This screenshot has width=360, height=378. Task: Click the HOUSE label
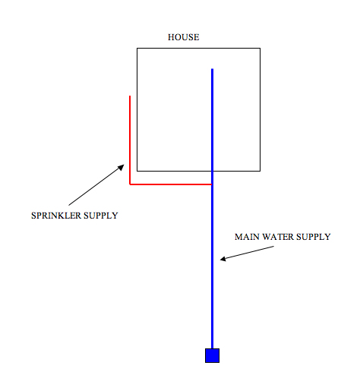pos(184,37)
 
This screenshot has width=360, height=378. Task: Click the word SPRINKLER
pos(56,216)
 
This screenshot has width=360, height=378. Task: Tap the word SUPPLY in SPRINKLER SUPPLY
pos(101,216)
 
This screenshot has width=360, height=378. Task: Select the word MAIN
pos(247,237)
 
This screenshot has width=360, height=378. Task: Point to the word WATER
pos(278,237)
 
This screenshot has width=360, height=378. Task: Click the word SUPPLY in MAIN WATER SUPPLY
pos(314,237)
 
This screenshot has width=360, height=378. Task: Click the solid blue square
pos(212,355)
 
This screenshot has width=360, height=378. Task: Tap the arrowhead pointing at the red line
pos(122,167)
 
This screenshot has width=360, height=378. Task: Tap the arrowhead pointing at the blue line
pos(223,259)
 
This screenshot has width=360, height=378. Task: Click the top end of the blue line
pos(212,69)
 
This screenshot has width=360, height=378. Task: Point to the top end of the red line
pos(130,96)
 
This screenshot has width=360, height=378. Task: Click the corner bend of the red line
pos(130,184)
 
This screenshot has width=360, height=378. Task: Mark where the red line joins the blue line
pos(212,184)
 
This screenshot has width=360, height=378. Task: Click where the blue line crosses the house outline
pos(212,171)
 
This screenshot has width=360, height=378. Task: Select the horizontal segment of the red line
pos(171,184)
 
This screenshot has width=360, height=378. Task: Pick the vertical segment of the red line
pos(130,140)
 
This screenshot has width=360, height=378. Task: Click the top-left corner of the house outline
pos(137,48)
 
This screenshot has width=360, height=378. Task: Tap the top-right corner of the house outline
pos(260,48)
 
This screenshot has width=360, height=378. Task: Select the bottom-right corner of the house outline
pos(260,171)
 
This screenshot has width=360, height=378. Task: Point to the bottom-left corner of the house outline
pos(137,171)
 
